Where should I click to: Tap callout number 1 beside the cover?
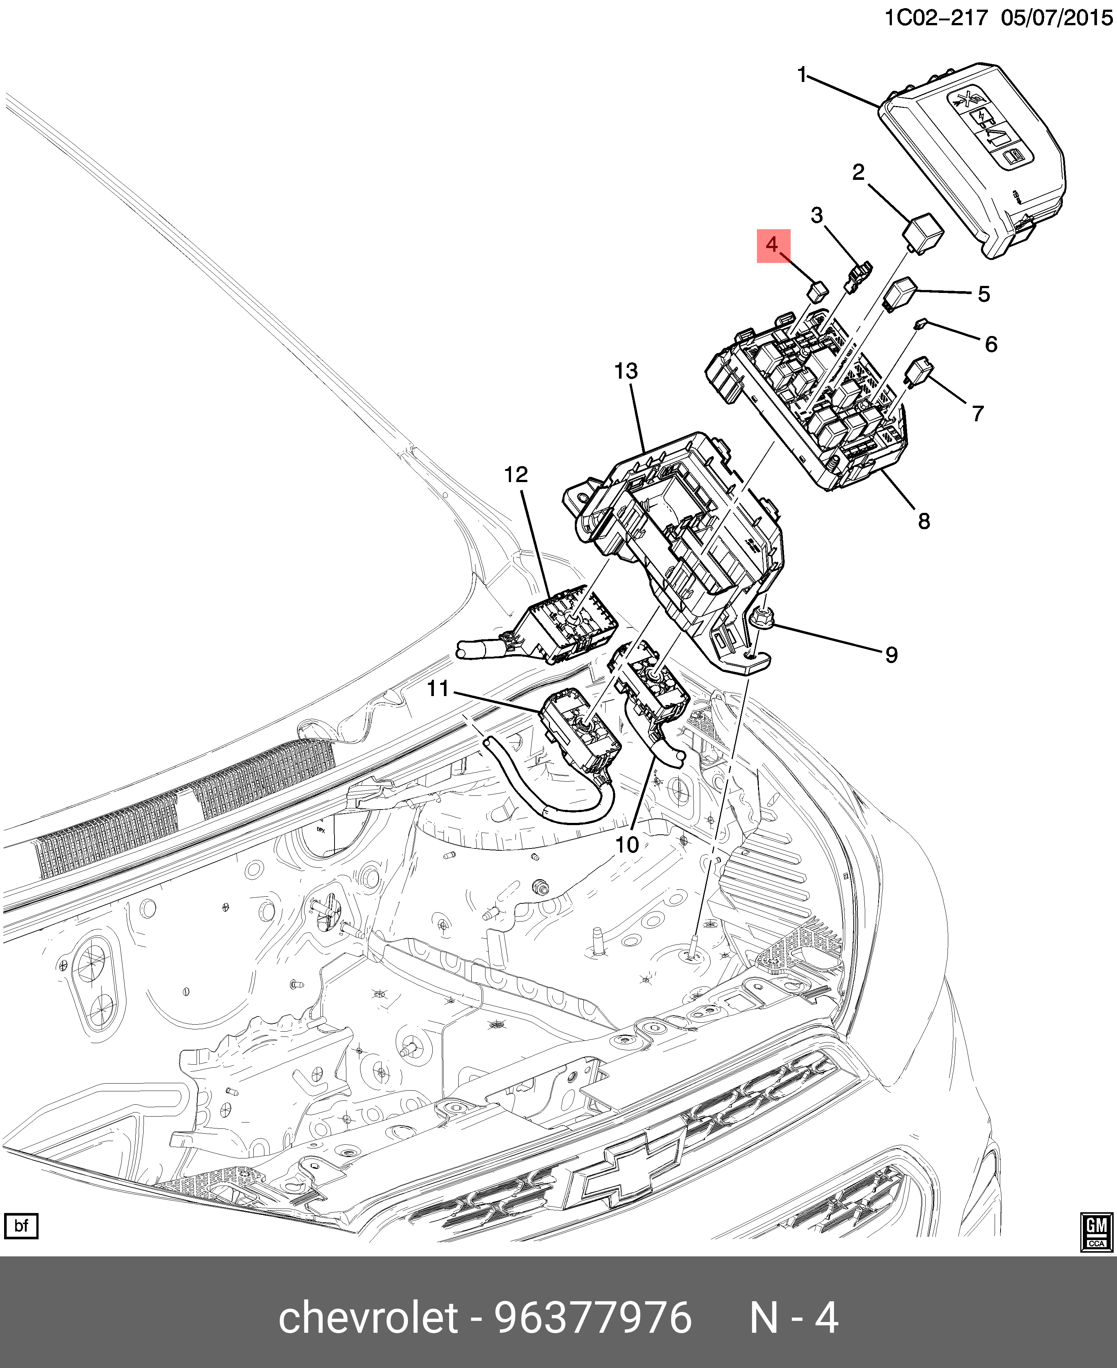pos(802,75)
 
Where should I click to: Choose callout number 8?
pos(924,521)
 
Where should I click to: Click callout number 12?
pos(516,475)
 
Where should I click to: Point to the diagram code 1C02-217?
pos(935,17)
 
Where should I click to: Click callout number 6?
pos(991,344)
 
